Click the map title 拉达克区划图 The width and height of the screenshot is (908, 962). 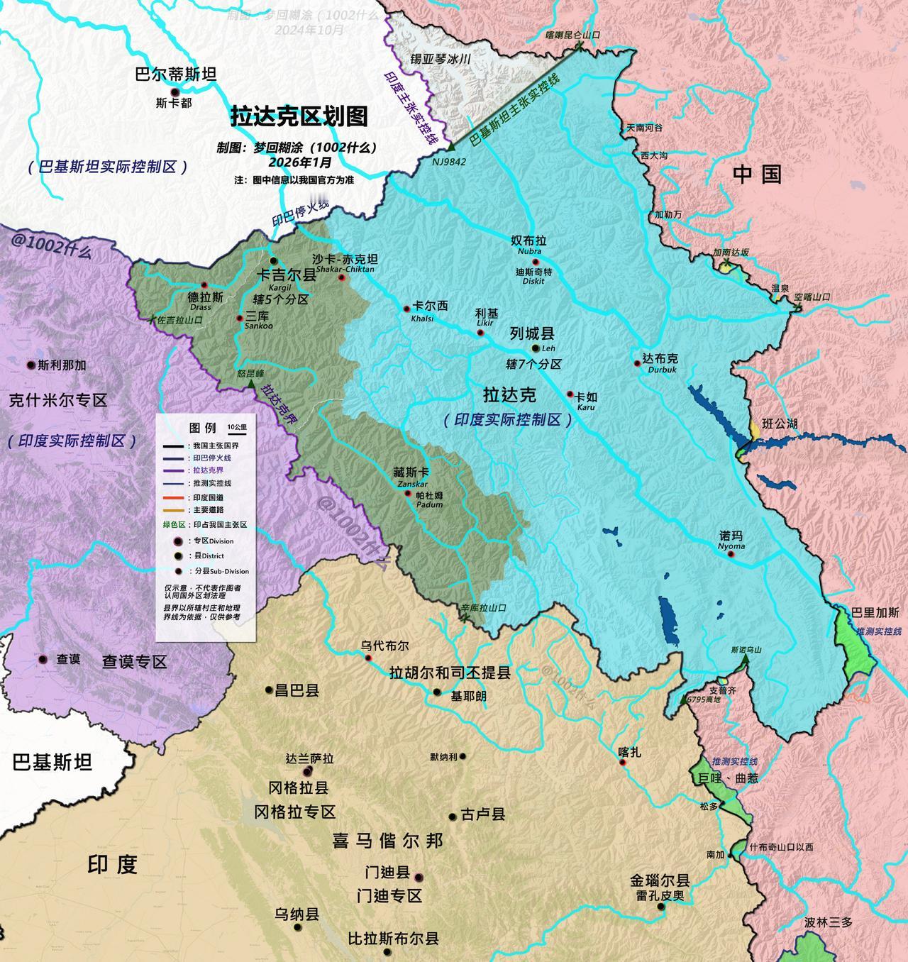299,116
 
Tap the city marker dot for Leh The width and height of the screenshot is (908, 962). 536,349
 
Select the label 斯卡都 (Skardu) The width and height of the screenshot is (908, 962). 174,103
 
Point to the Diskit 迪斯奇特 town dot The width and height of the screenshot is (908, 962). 536,262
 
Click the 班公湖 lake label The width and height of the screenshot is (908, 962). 780,424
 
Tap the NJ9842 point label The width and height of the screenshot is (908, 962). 449,162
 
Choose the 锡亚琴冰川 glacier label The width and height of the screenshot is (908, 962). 441,60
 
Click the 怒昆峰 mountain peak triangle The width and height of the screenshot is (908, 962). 250,384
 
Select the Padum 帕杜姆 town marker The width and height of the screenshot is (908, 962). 408,493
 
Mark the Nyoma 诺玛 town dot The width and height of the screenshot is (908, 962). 730,553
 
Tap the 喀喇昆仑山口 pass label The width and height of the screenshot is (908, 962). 572,34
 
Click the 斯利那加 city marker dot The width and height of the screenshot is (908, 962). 31,365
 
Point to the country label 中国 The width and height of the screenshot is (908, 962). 757,174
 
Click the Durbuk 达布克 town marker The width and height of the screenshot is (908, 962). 638,363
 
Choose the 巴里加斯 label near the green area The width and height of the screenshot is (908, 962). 879,612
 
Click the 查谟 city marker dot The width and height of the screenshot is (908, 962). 43,659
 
